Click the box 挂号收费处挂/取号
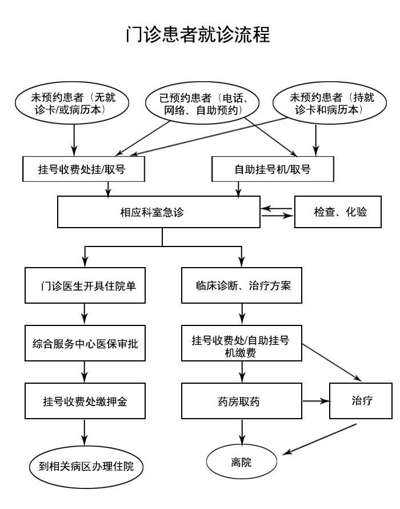coord(84,170)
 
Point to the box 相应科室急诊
coord(159,212)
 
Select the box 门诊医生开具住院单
coord(85,285)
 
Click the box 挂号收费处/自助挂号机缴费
coord(241,344)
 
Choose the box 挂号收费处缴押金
coord(85,401)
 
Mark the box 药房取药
coord(241,401)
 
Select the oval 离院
coord(241,462)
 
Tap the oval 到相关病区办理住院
coord(85,466)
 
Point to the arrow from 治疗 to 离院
coord(320,440)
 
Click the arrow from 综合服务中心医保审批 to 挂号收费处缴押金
coord(85,372)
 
